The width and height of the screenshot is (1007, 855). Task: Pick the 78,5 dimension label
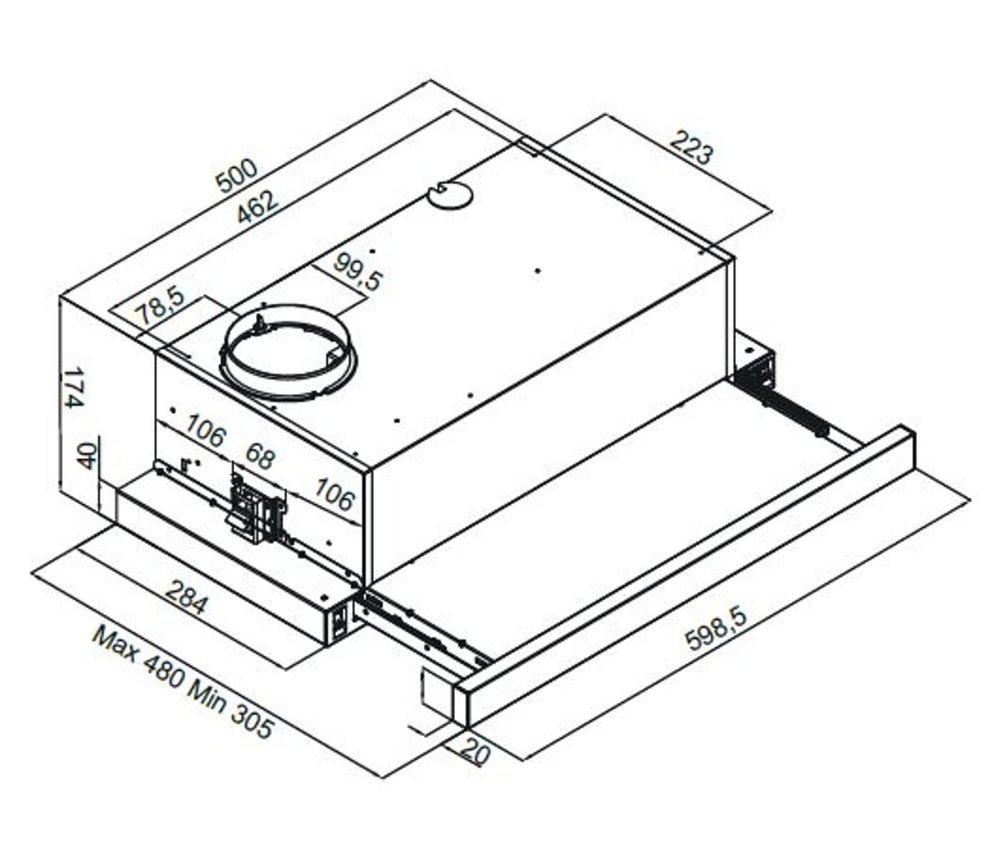(x=160, y=305)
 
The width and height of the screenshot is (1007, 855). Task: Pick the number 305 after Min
(x=251, y=724)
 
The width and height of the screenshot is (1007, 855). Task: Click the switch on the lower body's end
(x=340, y=619)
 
